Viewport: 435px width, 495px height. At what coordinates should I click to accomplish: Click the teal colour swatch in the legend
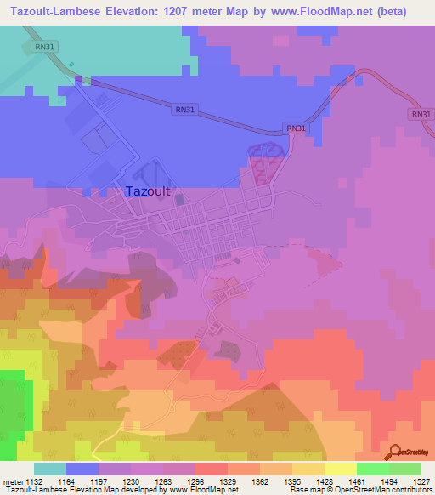(x=50, y=469)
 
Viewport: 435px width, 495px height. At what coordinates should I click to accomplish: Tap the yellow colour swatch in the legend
(x=339, y=469)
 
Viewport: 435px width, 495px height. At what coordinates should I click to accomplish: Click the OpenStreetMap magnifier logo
(x=395, y=452)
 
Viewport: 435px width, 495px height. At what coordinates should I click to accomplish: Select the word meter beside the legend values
(x=15, y=481)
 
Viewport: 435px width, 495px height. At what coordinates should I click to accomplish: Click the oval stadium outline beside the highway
(x=267, y=161)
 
